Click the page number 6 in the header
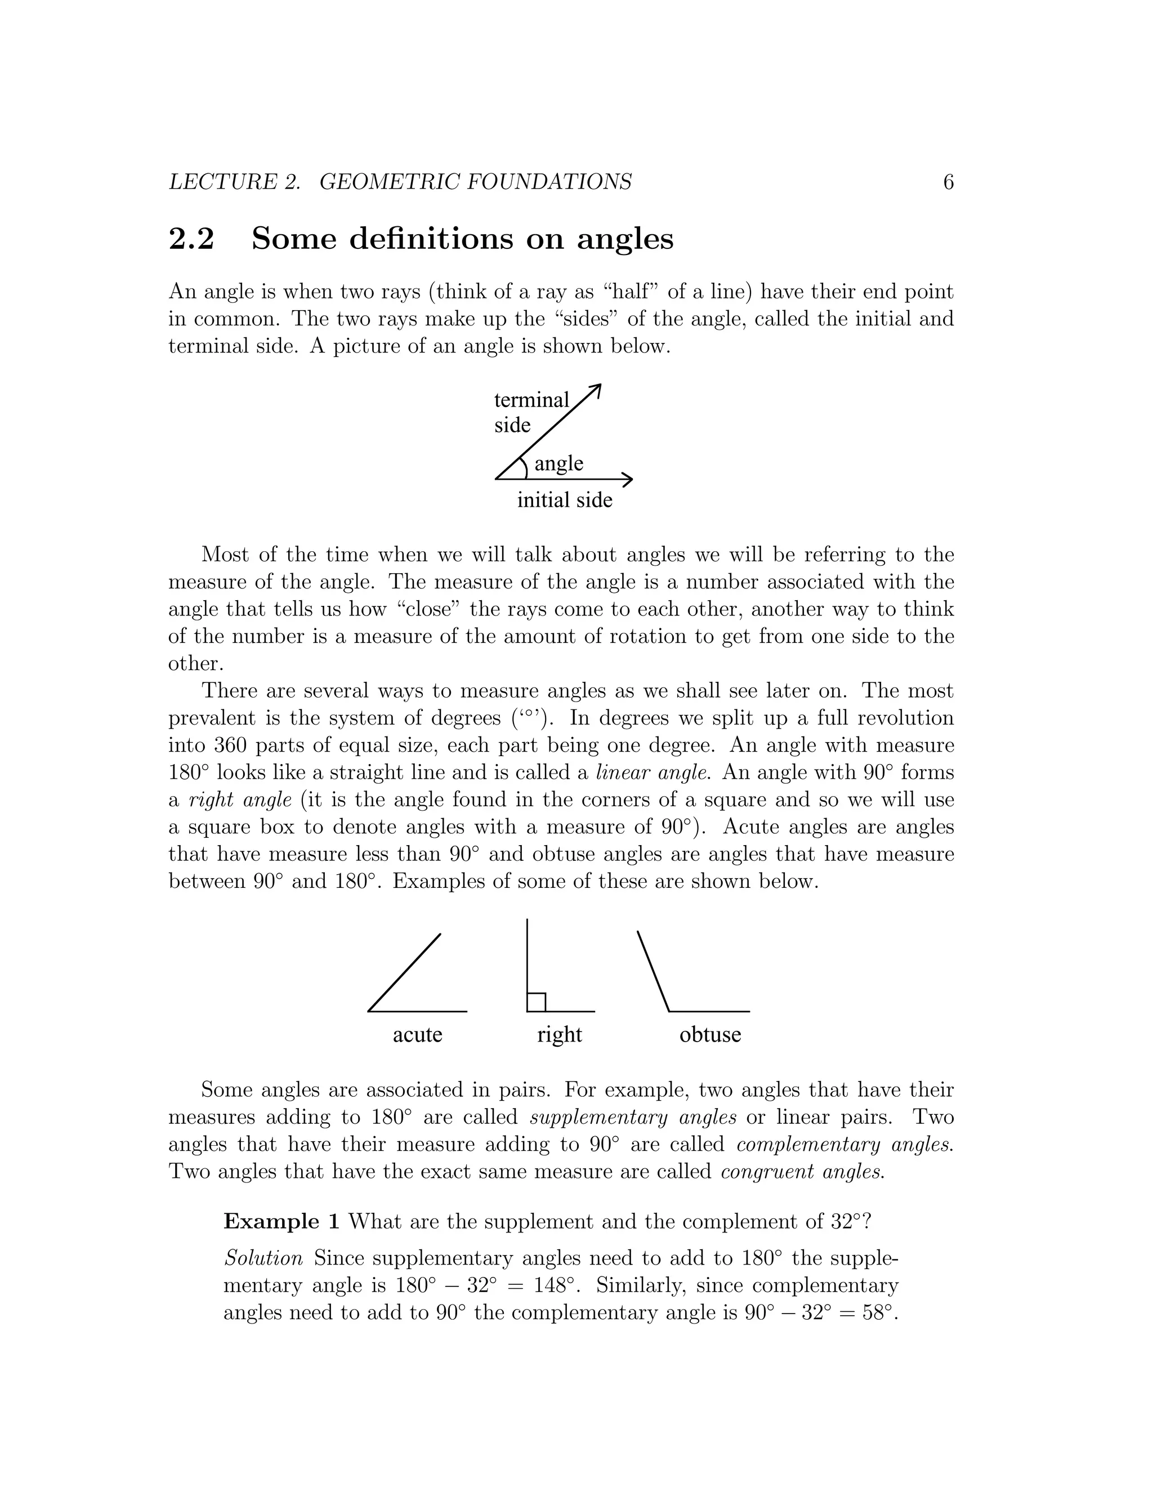(x=948, y=182)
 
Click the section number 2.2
(x=191, y=239)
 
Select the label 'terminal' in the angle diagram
(x=531, y=400)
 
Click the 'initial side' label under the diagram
(x=564, y=500)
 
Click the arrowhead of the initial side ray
(x=628, y=480)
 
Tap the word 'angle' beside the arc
(x=558, y=463)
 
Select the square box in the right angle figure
(x=536, y=1002)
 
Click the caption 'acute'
(x=417, y=1034)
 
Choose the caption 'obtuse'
(x=710, y=1034)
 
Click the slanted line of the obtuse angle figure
(x=653, y=971)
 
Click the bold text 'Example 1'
(x=281, y=1222)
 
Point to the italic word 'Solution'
(x=263, y=1258)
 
